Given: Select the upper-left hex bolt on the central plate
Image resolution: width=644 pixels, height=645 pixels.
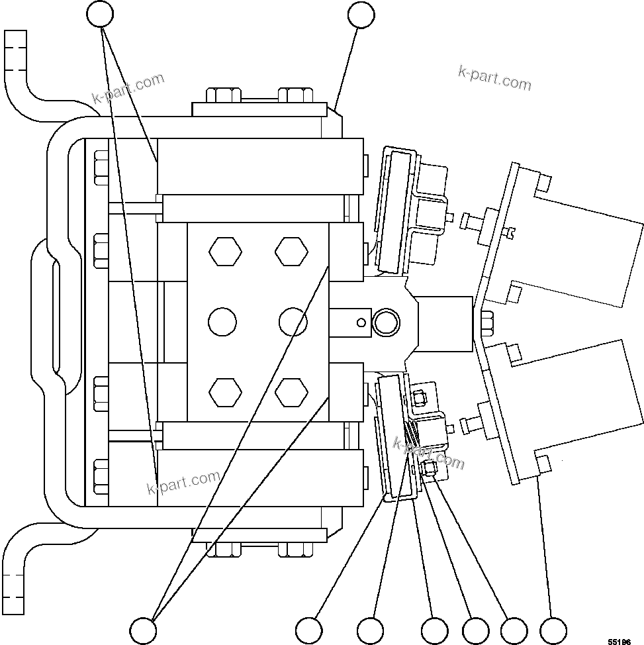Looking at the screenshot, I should coord(225,252).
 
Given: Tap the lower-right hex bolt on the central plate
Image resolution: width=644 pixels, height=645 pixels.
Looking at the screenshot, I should coord(292,392).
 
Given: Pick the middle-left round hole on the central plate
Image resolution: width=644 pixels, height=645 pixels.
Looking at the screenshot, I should coord(222,322).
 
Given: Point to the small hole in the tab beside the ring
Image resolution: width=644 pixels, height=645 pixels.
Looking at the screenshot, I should coord(360,322).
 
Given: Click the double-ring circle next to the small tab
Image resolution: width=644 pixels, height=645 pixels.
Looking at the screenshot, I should coord(386,322).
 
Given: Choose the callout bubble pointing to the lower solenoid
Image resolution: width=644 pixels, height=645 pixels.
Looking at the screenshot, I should coord(553,628).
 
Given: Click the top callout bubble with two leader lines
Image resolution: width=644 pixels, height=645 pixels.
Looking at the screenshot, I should coord(101,14).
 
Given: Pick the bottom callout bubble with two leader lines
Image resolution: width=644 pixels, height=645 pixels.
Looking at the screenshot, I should coord(143,628).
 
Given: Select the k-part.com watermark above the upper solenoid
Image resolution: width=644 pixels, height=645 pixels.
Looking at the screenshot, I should coord(494,77).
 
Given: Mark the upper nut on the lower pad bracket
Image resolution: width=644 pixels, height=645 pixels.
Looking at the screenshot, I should coord(420,397).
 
